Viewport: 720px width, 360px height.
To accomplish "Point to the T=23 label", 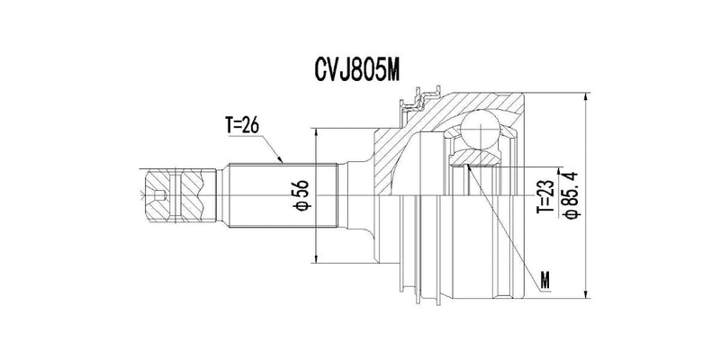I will (x=544, y=195).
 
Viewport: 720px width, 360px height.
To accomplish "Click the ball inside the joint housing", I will (x=481, y=129).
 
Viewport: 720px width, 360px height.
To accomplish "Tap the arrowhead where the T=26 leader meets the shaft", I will (x=283, y=161).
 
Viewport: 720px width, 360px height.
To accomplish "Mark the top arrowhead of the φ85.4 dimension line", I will (x=585, y=96).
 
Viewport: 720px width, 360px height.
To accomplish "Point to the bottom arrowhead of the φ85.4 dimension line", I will (x=585, y=293).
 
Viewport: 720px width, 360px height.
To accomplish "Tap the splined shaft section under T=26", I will (x=279, y=195).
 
